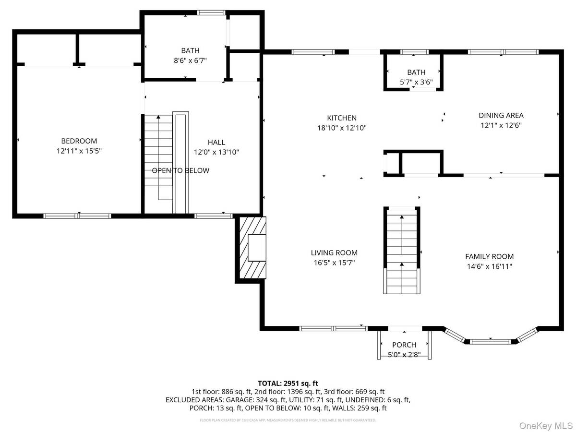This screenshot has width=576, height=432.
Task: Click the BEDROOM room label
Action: pos(79,141)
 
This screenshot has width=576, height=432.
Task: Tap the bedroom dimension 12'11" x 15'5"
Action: pos(79,151)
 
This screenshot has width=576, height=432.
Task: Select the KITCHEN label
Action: pos(342,118)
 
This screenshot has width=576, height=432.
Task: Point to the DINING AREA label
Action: pos(501,115)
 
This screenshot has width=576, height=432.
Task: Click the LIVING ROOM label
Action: pos(334,252)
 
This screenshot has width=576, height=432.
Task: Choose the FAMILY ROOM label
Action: pos(489,256)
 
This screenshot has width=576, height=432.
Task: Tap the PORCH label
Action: pos(404,345)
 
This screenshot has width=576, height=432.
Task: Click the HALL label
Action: pos(216,142)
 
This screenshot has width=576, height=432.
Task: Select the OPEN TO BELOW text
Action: pos(180,170)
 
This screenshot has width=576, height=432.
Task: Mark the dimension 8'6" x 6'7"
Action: pos(190,60)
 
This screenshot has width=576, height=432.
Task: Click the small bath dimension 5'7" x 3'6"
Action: pos(416,82)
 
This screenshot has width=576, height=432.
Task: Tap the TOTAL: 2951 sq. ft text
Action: pos(288,383)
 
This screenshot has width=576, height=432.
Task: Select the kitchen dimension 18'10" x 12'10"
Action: pos(342,128)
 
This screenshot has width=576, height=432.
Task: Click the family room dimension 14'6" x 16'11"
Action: pos(489,266)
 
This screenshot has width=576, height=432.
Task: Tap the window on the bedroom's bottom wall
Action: pos(77,216)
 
